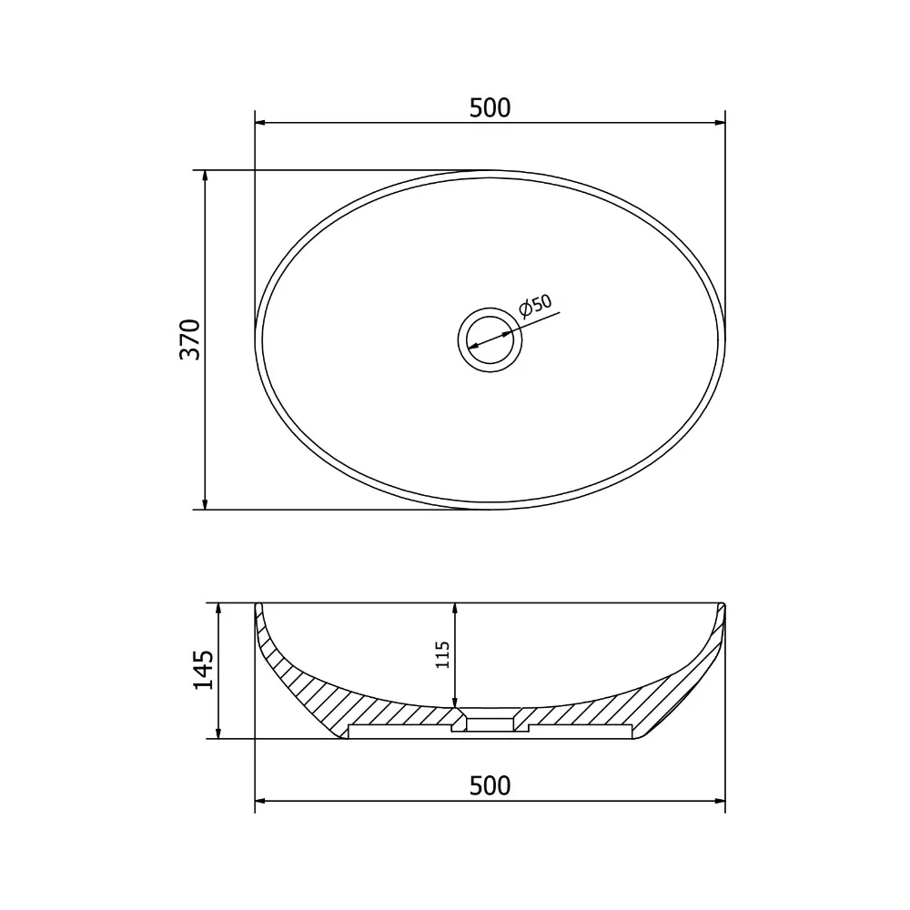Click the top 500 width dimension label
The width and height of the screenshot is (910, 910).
[490, 108]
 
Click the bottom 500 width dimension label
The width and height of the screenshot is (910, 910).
[490, 786]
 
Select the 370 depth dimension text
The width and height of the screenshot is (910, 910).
[190, 339]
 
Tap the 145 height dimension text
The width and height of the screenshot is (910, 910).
[203, 671]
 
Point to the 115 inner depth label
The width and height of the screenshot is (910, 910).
[443, 654]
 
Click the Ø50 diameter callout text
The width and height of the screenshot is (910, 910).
[535, 306]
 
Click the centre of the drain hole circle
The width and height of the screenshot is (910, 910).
[490, 339]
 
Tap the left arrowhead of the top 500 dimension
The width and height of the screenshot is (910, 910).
[260, 123]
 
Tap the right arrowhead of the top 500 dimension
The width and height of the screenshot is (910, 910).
[720, 123]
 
